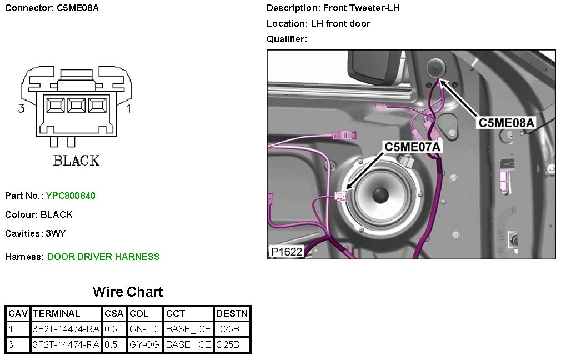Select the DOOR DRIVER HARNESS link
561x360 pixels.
(103, 257)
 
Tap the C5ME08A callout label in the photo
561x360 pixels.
(507, 123)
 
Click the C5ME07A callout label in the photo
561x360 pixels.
(413, 147)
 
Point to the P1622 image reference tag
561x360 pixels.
(287, 252)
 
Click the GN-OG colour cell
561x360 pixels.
(144, 329)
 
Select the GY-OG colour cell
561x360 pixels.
(144, 344)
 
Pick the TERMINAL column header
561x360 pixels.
(57, 313)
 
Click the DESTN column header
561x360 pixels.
(232, 313)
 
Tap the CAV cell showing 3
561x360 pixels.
(11, 344)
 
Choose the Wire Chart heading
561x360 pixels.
(128, 292)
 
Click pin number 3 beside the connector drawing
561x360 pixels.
(21, 109)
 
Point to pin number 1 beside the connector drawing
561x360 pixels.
(129, 109)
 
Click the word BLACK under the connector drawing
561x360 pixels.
(76, 161)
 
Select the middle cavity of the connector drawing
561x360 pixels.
(76, 105)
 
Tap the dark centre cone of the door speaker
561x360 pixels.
(380, 195)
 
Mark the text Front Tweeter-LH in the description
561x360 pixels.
(363, 8)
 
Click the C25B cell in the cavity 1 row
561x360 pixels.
(228, 329)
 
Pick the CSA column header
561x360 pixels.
(114, 313)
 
